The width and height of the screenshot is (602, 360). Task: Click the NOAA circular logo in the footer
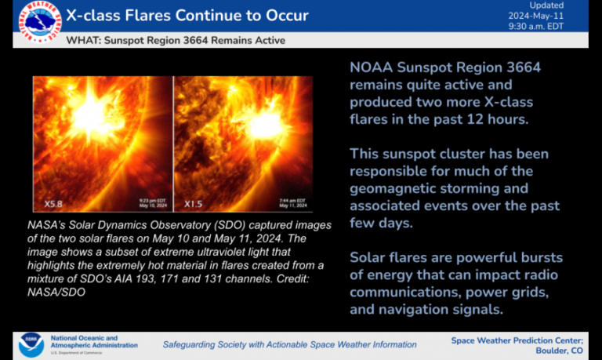coord(31,344)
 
